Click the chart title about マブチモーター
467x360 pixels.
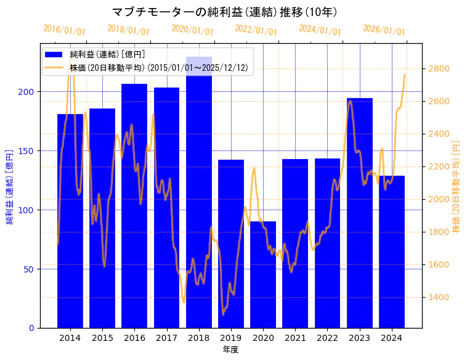tap(225, 12)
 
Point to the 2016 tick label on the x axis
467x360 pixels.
tap(134, 338)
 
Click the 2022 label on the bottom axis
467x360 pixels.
tap(327, 338)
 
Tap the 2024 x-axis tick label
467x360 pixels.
tap(392, 338)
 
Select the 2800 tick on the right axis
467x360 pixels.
tap(439, 68)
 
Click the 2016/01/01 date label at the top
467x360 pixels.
tap(64, 30)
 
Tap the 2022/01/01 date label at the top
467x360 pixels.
tap(256, 30)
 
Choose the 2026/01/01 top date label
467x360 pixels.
tap(384, 30)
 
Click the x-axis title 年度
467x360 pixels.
tap(231, 350)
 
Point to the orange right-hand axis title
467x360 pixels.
tap(457, 186)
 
